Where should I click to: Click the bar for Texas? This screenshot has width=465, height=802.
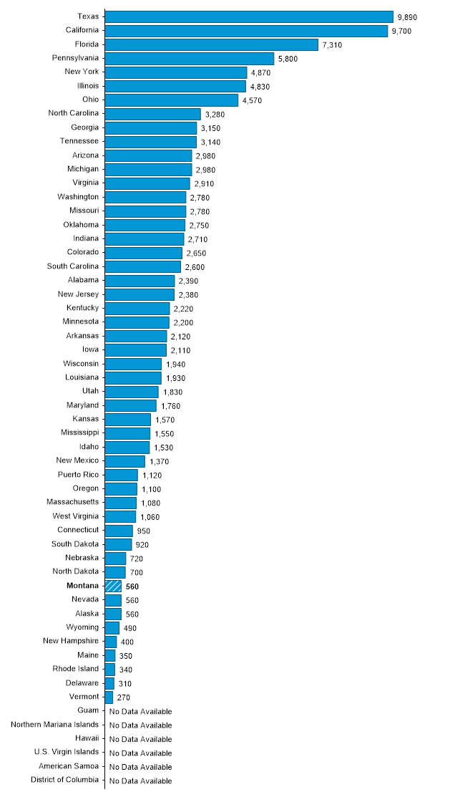249,16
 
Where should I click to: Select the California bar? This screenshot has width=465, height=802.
246,31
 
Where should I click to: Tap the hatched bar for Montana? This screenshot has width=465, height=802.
113,586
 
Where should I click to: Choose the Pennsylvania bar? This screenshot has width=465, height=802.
190,58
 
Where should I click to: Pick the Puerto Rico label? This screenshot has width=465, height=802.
79,475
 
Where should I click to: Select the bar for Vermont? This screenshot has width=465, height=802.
109,697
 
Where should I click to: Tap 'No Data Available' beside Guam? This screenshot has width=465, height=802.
141,711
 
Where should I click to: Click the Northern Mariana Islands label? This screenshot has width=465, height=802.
55,725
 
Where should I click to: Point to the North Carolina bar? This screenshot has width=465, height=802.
152,114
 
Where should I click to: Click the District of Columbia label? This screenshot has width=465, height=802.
64,781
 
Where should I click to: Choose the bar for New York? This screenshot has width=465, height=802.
175,72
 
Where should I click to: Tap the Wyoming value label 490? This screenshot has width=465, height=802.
130,628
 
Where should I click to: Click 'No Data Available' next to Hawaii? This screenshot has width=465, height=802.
141,739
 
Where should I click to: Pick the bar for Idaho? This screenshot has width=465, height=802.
127,447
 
